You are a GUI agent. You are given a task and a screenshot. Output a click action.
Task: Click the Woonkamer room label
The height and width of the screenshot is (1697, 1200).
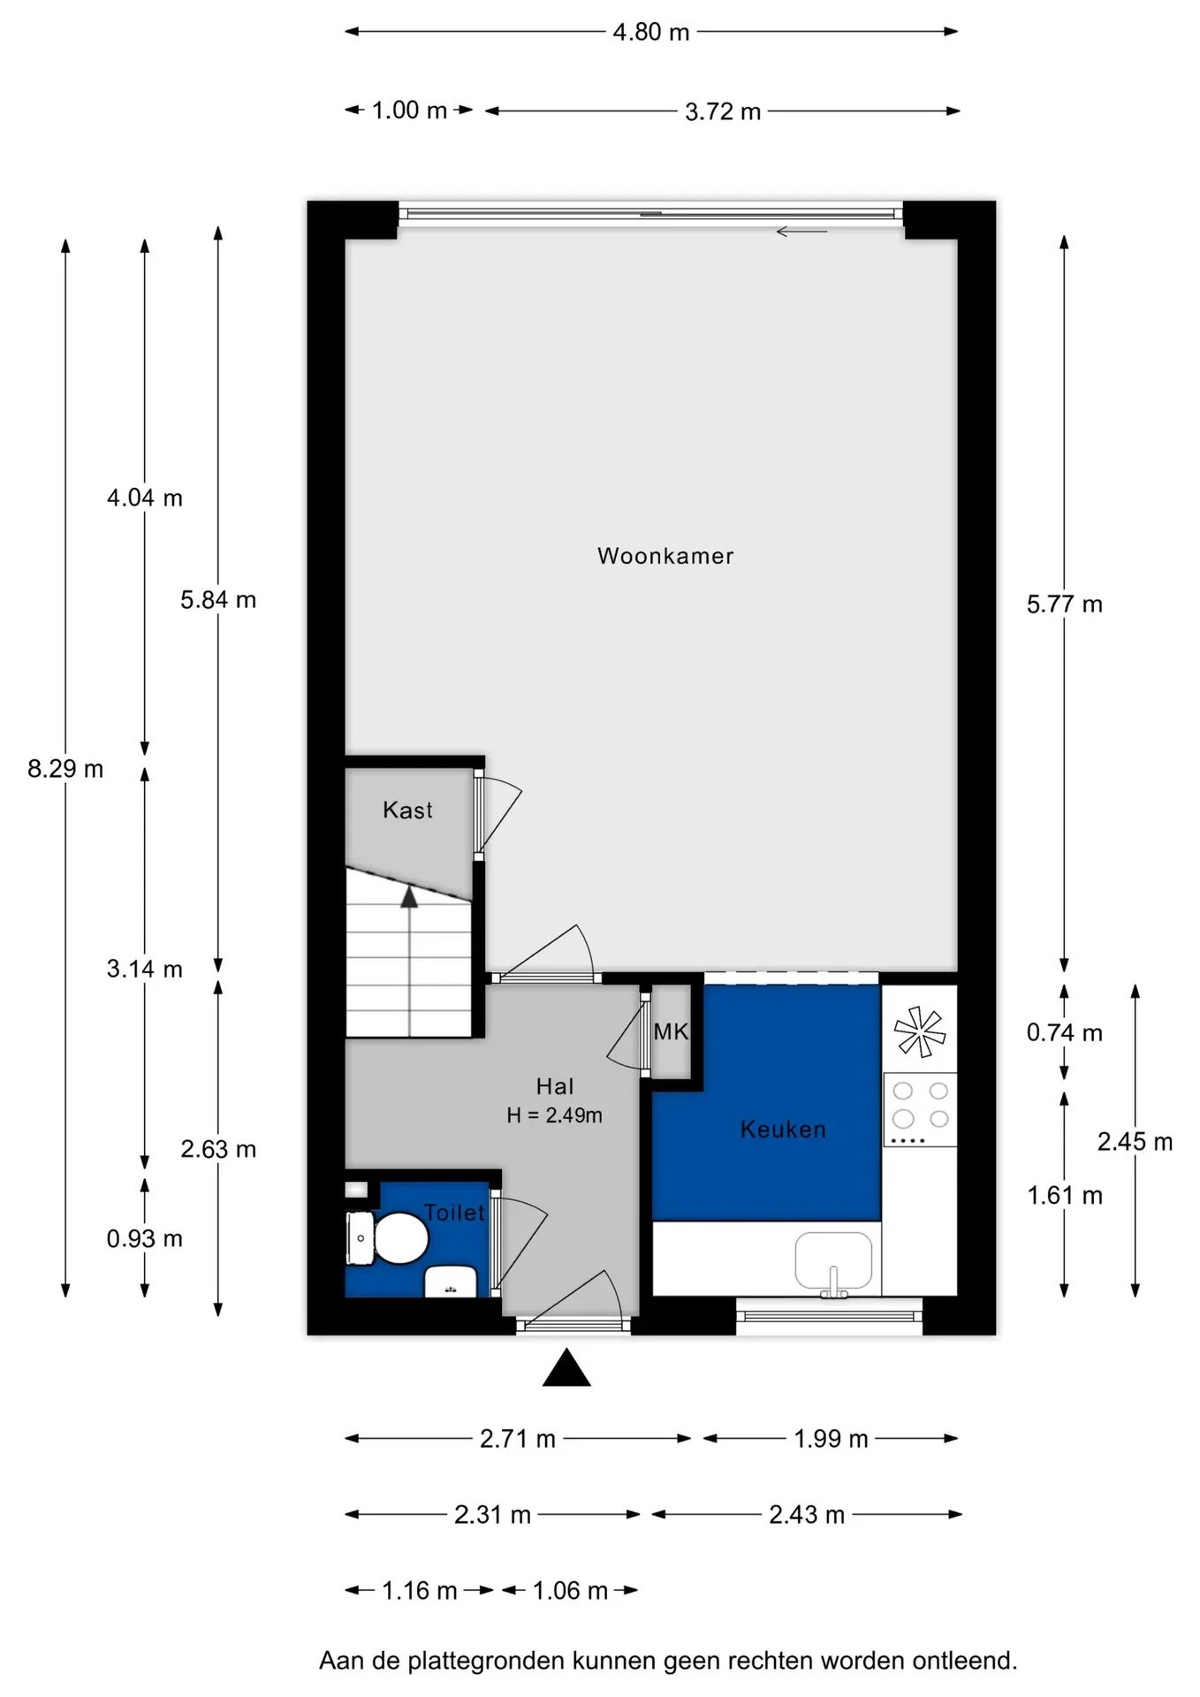[x=665, y=556]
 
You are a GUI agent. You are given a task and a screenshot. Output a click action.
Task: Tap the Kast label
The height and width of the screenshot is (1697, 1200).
[x=407, y=810]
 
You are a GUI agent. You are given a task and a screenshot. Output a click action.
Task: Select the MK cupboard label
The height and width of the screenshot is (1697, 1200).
[x=671, y=1031]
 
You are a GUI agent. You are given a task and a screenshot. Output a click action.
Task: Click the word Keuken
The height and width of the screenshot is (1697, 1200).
[x=783, y=1130]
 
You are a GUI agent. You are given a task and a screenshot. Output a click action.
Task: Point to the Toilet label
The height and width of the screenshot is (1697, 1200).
[x=454, y=1213]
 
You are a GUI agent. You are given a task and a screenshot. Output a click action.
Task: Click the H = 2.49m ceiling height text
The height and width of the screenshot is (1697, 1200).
[x=554, y=1115]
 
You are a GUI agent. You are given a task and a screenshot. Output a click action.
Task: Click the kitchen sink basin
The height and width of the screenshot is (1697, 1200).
[x=833, y=1260]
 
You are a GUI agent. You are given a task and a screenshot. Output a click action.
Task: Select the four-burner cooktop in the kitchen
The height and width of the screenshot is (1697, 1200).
[x=920, y=1110]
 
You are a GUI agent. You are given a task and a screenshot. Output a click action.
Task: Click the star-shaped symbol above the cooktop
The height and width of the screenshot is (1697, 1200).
[x=920, y=1031]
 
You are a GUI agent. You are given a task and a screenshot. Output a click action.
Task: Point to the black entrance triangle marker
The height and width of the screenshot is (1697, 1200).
[x=566, y=1367]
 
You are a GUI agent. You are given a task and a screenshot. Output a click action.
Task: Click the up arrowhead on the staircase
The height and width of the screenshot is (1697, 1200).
[x=409, y=897]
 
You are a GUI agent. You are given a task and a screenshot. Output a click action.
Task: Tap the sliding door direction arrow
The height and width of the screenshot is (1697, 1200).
[x=801, y=232]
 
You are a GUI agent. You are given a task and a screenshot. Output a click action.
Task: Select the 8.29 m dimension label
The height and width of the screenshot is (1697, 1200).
[x=65, y=769]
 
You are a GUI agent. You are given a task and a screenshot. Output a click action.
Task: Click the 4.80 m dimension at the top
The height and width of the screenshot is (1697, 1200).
[x=651, y=32]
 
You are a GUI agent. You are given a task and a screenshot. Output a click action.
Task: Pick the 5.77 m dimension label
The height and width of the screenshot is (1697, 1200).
[x=1064, y=605]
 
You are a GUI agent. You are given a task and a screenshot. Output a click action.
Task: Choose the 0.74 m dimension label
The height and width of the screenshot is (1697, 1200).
[x=1064, y=1032]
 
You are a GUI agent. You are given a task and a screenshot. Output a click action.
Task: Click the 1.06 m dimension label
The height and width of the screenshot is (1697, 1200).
[x=570, y=1591]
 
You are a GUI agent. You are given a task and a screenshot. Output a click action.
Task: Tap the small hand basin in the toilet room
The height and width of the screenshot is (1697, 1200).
[x=451, y=1282]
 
